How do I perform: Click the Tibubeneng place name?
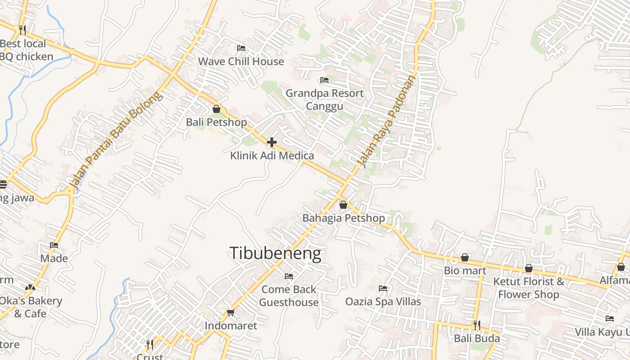point(275,253)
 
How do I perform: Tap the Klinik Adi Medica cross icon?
point(272,142)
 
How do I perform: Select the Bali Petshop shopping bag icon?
point(216,109)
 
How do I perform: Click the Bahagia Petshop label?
point(343,218)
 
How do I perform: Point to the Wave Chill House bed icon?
point(241,48)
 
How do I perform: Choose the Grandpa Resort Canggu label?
point(324,99)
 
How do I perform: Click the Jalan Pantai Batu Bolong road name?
point(115,139)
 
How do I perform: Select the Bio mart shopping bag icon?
point(465,257)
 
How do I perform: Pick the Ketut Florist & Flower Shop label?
point(528,288)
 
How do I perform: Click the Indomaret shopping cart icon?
point(231,312)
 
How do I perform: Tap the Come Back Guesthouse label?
point(289,296)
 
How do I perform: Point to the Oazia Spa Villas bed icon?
point(383,288)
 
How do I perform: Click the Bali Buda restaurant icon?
point(477,325)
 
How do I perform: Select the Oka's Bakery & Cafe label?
point(30,307)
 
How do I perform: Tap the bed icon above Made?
point(54,245)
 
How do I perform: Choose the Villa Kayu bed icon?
point(610,319)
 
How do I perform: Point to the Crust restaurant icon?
point(150,345)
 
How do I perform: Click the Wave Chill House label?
point(241,61)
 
